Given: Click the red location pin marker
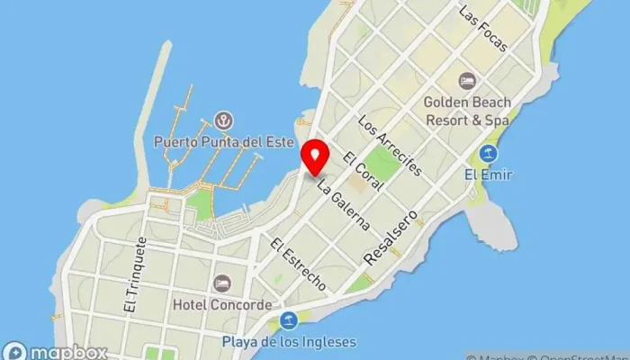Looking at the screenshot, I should pyautogui.click(x=315, y=158).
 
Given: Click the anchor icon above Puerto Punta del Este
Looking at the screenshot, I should pyautogui.click(x=222, y=121).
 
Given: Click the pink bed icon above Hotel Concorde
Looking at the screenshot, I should pyautogui.click(x=221, y=283).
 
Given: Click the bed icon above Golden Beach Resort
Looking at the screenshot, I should pyautogui.click(x=466, y=81).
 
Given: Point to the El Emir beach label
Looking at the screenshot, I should pyautogui.click(x=489, y=175).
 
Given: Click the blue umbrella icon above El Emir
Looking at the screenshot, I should pyautogui.click(x=489, y=153).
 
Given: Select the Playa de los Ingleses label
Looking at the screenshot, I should pyautogui.click(x=290, y=341).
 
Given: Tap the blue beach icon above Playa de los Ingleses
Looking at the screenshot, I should pyautogui.click(x=289, y=320).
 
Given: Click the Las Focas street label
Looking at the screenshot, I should pyautogui.click(x=483, y=29).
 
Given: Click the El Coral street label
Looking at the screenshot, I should pyautogui.click(x=364, y=171).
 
